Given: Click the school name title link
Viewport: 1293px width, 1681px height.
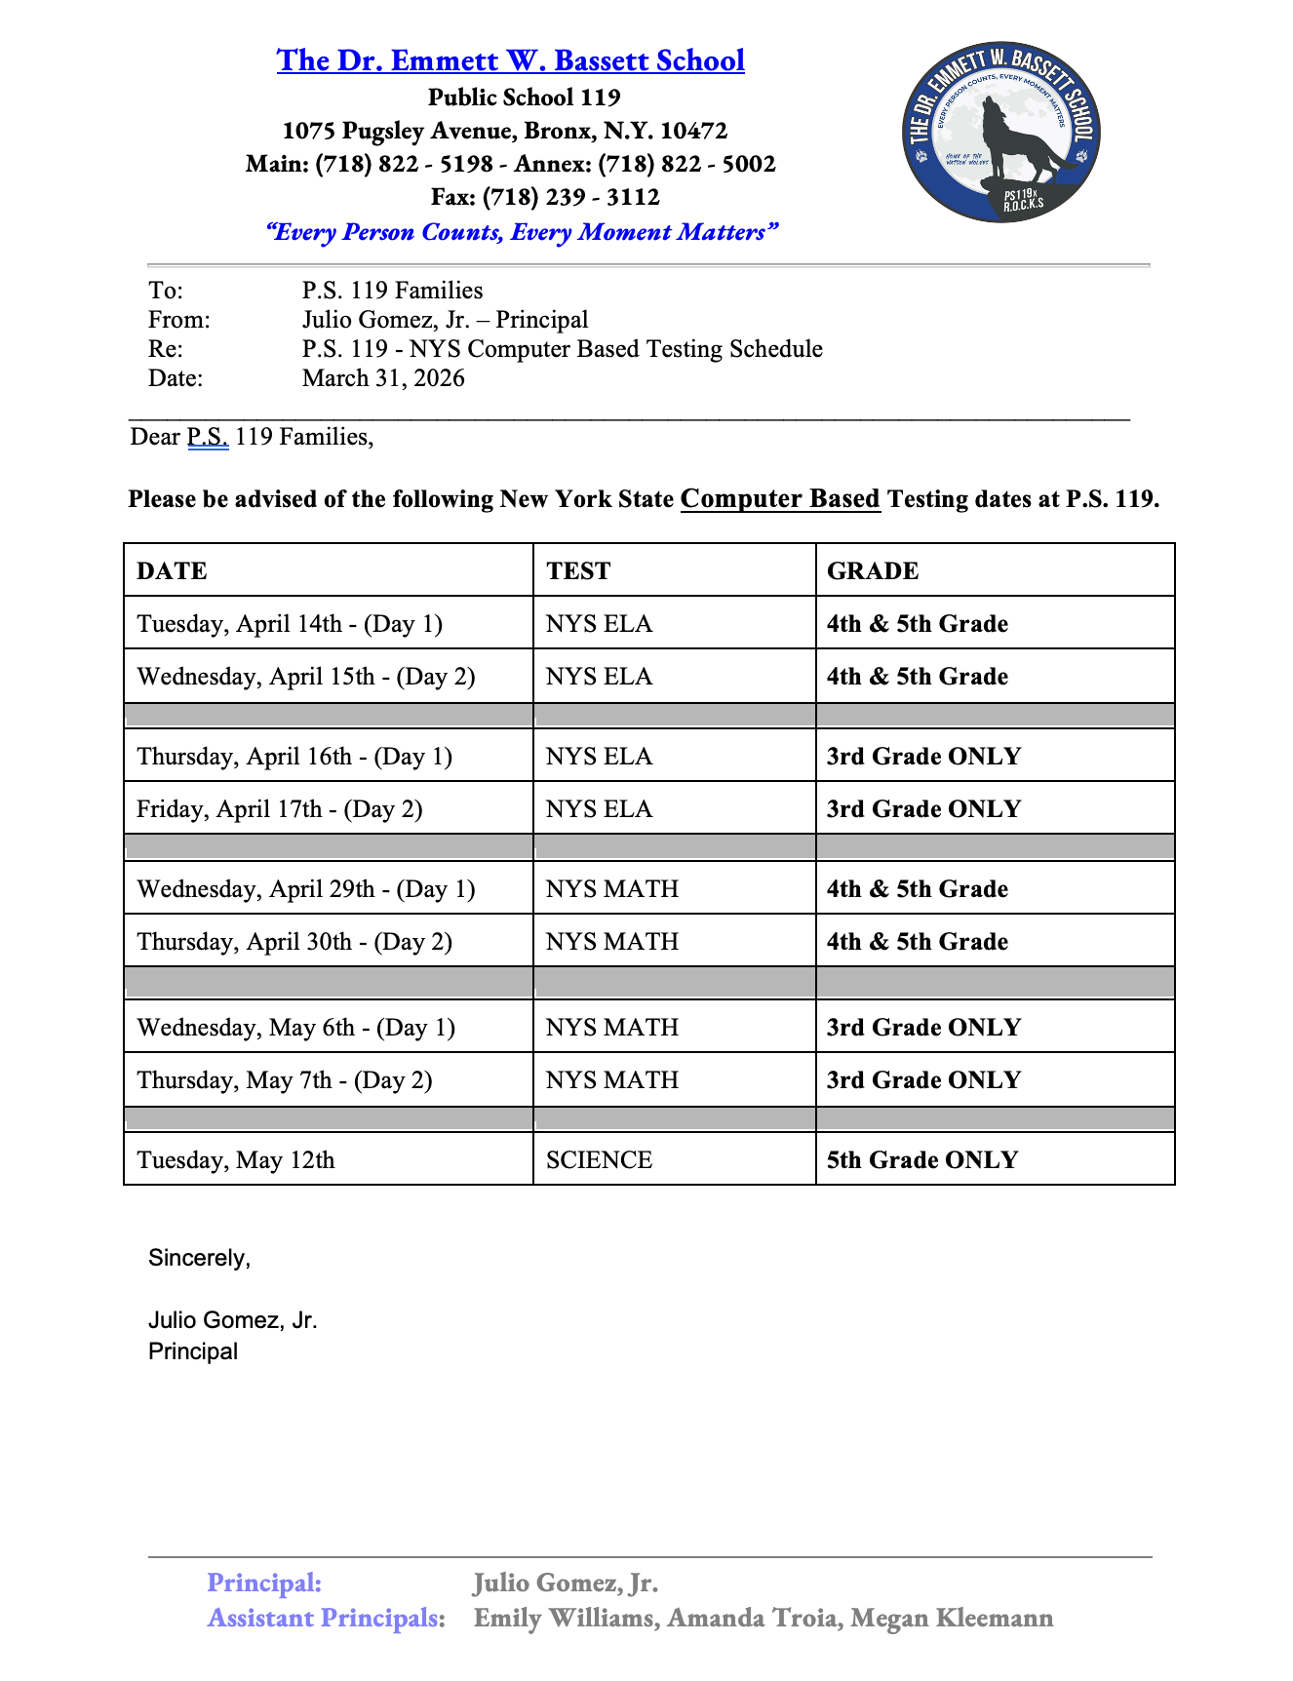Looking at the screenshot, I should coord(510,60).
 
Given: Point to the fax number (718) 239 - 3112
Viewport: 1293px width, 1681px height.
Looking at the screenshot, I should coord(571,197).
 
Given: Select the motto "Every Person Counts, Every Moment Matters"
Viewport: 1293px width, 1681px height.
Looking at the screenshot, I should coord(522,232).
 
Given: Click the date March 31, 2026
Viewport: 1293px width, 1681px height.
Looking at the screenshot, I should coord(383,378).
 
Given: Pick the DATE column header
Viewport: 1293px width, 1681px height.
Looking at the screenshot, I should coord(172,570).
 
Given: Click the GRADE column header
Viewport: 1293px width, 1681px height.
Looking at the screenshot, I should coord(873,570).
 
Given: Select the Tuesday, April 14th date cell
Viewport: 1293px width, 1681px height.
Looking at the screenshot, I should coord(290,624).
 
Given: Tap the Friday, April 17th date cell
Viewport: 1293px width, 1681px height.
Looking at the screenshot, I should coord(280,809).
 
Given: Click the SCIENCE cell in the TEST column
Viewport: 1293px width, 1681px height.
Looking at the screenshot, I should coord(599,1160).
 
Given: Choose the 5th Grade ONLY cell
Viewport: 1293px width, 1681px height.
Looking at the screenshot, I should coord(922,1160).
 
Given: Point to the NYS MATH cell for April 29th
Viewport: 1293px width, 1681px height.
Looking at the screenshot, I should coord(612,889).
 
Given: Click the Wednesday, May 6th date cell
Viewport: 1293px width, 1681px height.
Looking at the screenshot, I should coord(296,1028).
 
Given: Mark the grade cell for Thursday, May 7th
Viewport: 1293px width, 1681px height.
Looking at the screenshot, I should coord(923,1080).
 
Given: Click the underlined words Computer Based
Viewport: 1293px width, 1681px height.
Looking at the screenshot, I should coord(780,499).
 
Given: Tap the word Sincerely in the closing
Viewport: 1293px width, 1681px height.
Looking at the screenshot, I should coord(199,1258).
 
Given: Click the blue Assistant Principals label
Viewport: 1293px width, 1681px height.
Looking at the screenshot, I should coord(326,1619).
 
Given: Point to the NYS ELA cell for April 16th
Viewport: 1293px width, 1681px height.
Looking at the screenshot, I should coord(599,757).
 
